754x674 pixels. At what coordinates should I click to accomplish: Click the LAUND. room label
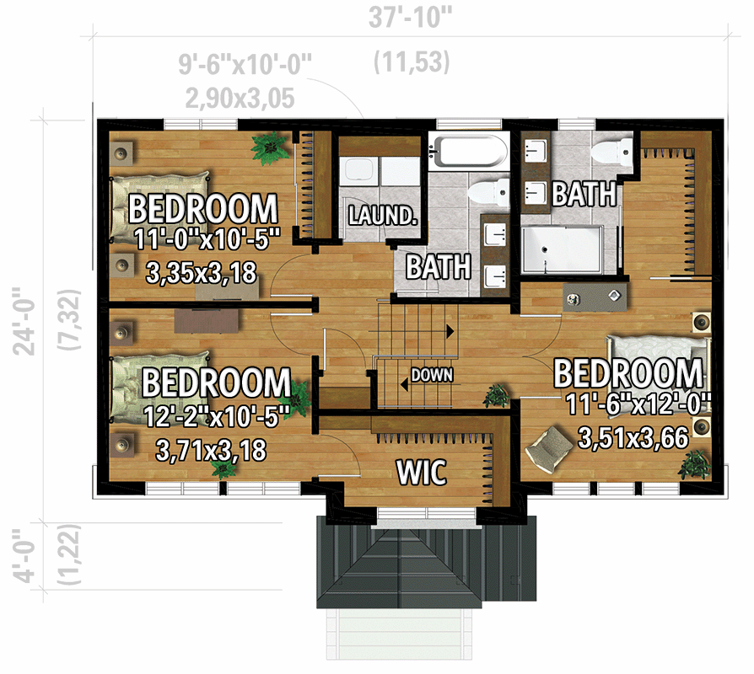pos(384,216)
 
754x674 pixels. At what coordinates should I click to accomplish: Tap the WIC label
pos(422,473)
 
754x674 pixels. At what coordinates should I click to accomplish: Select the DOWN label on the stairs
pos(432,375)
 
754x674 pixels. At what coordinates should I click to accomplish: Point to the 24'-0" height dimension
pos(32,321)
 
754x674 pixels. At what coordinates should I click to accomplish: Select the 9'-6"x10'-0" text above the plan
pos(245,65)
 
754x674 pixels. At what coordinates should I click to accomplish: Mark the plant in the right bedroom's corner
pos(697,463)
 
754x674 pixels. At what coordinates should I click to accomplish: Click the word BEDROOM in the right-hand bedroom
pos(627,372)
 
